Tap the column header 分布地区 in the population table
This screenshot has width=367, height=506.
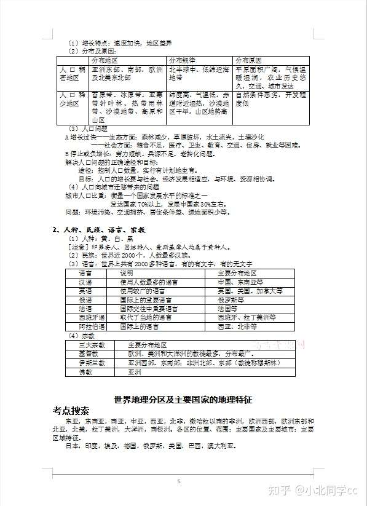105,61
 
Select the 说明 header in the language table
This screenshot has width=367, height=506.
126,272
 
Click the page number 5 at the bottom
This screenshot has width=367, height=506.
178,481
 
